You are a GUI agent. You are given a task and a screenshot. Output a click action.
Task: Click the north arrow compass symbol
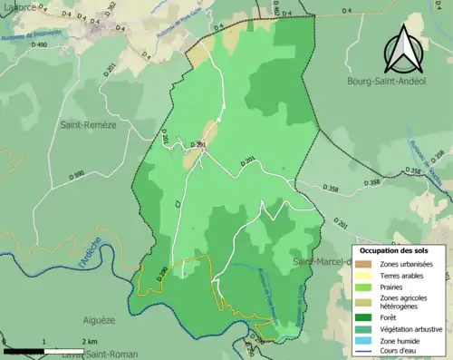point(401,50)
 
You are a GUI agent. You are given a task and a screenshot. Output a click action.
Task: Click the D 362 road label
point(110,11)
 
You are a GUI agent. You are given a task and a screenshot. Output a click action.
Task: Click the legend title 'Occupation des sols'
point(399,249)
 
